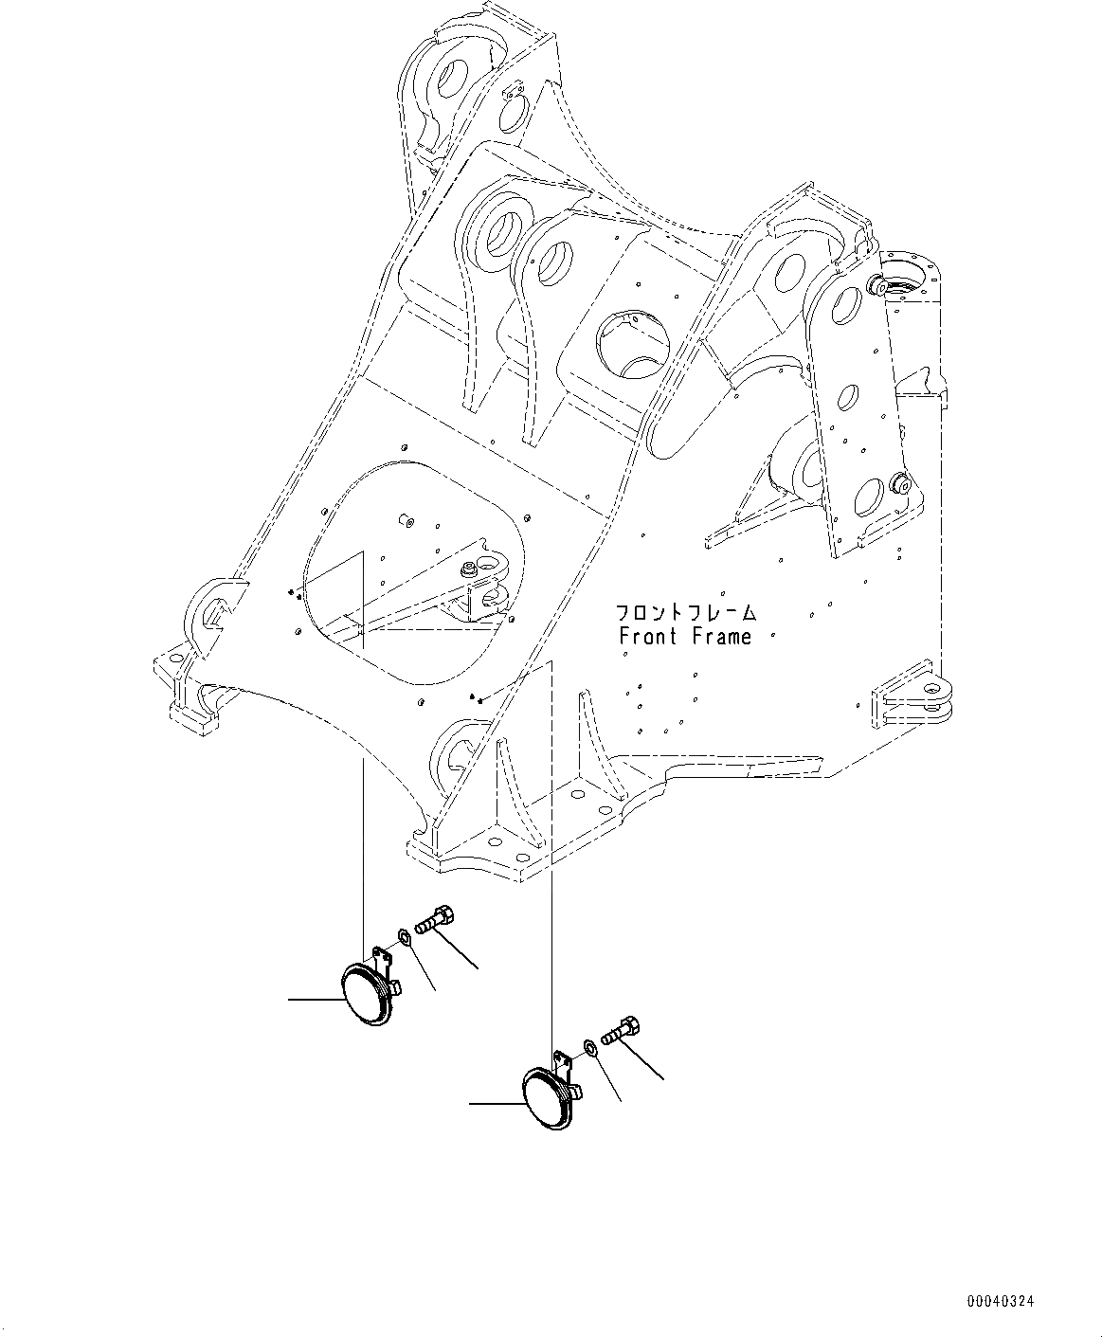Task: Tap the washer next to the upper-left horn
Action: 405,937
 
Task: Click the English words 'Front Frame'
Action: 685,637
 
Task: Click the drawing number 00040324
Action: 1000,1302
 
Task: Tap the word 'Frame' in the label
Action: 721,637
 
